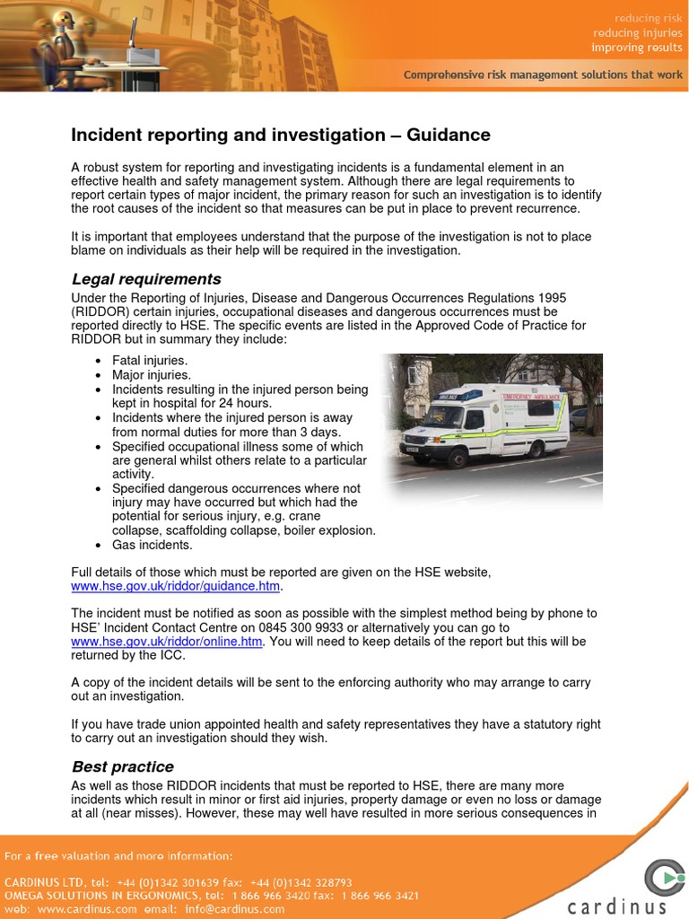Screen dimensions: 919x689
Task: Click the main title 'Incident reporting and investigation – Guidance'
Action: click(x=281, y=136)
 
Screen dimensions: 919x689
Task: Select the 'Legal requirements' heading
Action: click(x=146, y=279)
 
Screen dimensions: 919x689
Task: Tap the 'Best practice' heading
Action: click(x=123, y=767)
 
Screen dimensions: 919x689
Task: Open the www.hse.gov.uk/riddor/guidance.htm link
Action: click(x=176, y=587)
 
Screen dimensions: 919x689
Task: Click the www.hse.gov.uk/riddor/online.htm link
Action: click(x=167, y=642)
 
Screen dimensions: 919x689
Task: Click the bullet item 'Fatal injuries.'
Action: click(x=150, y=361)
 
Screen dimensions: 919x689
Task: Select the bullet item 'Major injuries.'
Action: click(x=152, y=375)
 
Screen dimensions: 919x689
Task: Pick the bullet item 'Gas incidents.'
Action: click(x=153, y=545)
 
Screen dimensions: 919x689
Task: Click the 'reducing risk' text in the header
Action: click(x=648, y=18)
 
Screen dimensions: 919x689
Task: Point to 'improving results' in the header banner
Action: click(x=637, y=48)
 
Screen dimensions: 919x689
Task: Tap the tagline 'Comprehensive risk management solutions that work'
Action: click(x=543, y=75)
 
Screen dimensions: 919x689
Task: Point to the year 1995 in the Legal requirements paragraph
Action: click(x=553, y=298)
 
